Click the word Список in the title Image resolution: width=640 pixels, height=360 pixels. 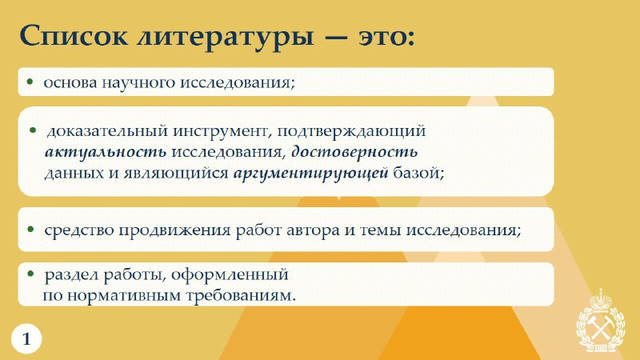[x=74, y=35]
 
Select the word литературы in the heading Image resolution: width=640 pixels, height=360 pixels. [x=226, y=38]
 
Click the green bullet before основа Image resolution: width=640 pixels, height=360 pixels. [x=30, y=82]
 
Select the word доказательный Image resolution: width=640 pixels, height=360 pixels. [x=107, y=131]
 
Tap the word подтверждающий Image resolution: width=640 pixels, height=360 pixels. [x=351, y=131]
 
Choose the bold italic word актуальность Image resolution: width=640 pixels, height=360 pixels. [x=106, y=152]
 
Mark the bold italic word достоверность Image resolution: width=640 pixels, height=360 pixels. [x=354, y=151]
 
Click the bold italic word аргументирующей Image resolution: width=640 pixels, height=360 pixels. [x=310, y=173]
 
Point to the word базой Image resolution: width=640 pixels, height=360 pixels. [x=418, y=173]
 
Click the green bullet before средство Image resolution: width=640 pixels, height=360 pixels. [x=30, y=230]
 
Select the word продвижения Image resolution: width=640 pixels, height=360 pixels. [x=174, y=230]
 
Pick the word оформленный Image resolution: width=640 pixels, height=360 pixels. [x=230, y=274]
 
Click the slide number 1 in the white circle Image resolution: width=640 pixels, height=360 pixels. [x=26, y=338]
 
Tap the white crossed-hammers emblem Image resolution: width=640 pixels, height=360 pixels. [x=601, y=321]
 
